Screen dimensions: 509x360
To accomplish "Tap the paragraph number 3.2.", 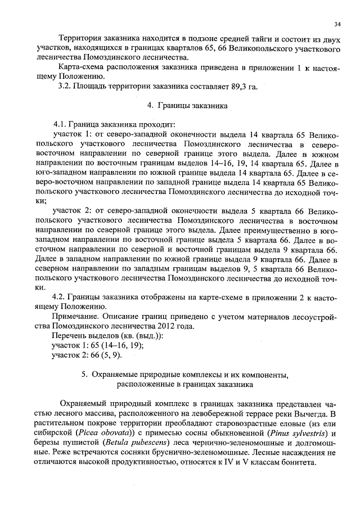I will point(66,86).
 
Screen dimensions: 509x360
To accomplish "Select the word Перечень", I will point(71,336).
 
